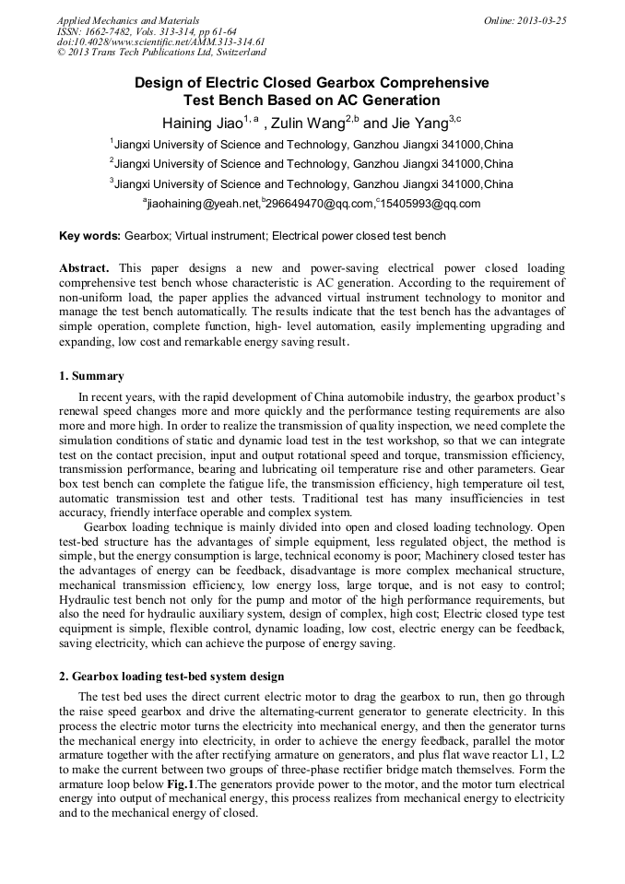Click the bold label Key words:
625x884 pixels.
(x=89, y=236)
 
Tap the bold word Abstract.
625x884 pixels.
(x=85, y=268)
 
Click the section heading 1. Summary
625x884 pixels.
(x=91, y=376)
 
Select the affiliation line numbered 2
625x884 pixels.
(x=312, y=164)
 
